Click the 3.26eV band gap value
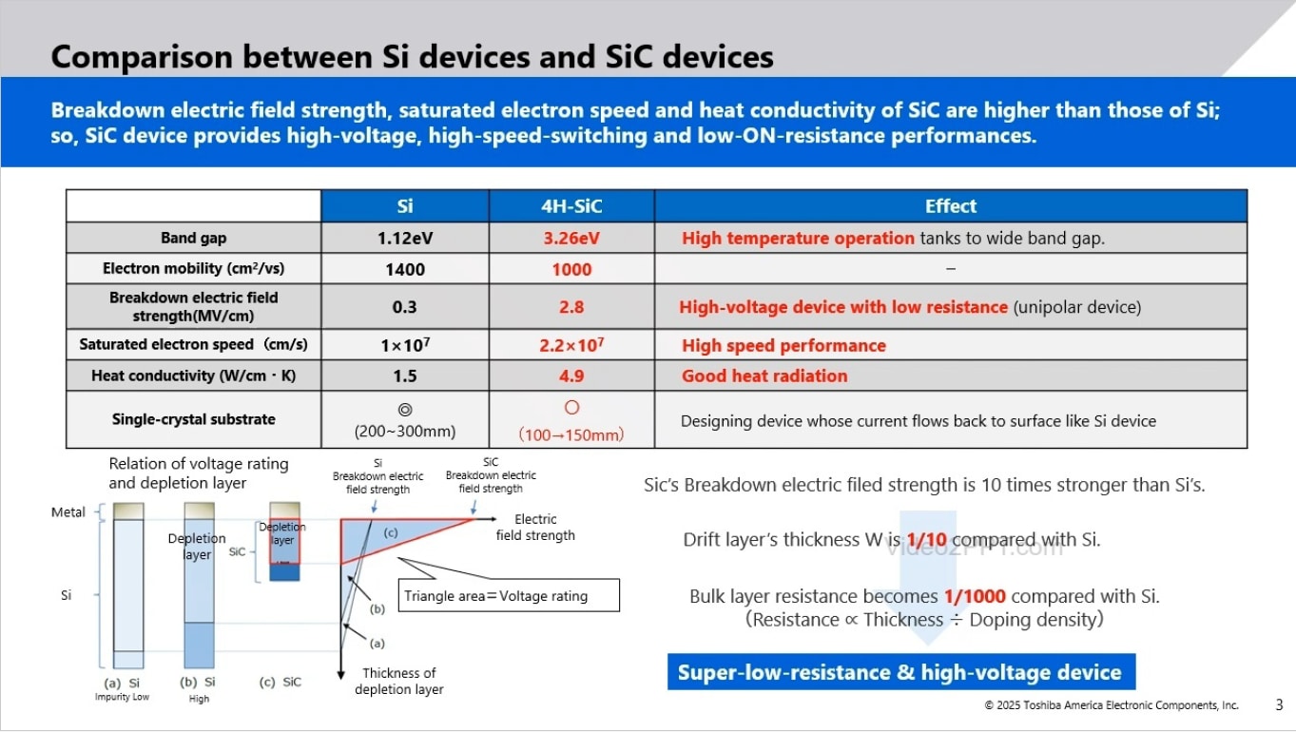(x=571, y=238)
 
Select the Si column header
(x=405, y=206)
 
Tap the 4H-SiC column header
(x=571, y=206)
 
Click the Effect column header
(x=950, y=206)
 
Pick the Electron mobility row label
(x=193, y=269)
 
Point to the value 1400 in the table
(x=405, y=269)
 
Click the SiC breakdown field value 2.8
(x=571, y=307)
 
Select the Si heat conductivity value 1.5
(x=405, y=376)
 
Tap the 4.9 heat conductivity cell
(x=571, y=376)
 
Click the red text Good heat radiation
(x=764, y=376)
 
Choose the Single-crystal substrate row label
(x=193, y=419)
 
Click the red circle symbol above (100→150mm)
(x=571, y=408)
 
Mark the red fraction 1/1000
(x=975, y=597)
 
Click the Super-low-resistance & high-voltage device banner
(x=899, y=673)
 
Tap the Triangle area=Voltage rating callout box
(x=509, y=596)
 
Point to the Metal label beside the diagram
(x=68, y=512)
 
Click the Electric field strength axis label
(x=535, y=527)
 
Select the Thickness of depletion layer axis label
(x=398, y=681)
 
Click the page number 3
(x=1279, y=704)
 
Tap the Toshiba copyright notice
(x=1112, y=705)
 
